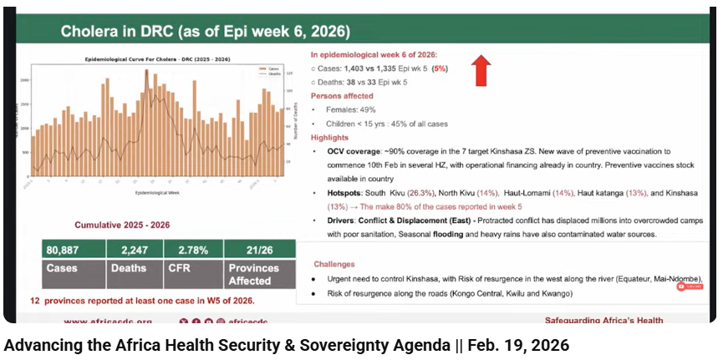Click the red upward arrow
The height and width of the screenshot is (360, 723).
481,70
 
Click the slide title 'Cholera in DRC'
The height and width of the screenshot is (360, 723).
205,32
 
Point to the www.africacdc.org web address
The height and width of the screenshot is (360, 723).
108,322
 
